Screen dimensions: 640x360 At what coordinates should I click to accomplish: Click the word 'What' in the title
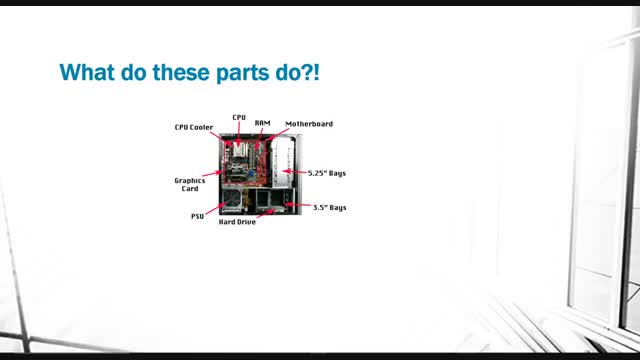pos(87,72)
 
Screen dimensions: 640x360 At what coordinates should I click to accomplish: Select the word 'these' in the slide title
pos(181,72)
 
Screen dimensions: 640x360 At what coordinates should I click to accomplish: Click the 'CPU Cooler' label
pos(194,127)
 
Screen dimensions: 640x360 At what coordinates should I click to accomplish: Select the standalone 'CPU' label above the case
pos(239,118)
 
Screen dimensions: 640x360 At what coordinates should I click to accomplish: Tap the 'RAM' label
pos(262,123)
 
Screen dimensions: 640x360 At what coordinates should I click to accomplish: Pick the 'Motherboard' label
pos(309,124)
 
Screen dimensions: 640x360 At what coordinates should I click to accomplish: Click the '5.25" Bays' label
pos(327,173)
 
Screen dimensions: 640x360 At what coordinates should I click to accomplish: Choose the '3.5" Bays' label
pos(329,207)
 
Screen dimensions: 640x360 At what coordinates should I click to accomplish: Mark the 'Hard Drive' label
pos(237,222)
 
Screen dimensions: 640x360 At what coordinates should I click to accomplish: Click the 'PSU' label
pos(198,216)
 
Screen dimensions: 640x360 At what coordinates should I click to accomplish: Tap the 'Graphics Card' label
pos(190,184)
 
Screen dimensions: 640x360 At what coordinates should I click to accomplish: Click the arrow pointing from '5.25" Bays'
pos(294,172)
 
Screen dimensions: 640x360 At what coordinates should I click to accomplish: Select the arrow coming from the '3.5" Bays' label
pos(298,204)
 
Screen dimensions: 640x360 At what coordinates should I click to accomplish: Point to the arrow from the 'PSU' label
pos(216,209)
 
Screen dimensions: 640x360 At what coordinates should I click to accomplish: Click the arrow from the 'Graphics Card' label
pos(212,174)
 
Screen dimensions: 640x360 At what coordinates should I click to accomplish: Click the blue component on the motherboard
pos(251,173)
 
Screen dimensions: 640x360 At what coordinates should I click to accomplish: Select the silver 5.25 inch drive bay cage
pos(283,162)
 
